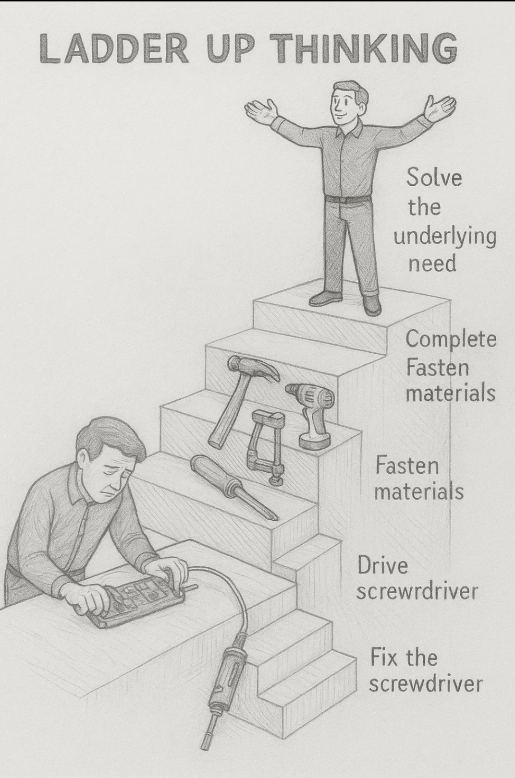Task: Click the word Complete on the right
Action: [451, 339]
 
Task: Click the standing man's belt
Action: [347, 199]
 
